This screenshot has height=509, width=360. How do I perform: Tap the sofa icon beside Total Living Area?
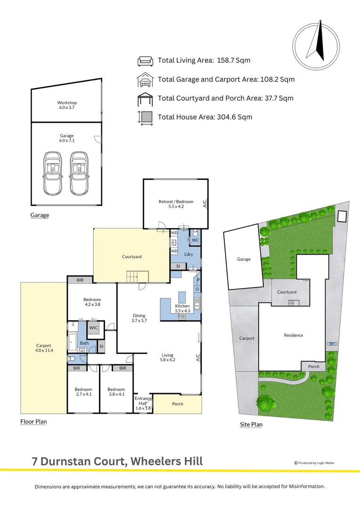point(145,61)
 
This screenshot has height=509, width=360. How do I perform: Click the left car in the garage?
point(52,173)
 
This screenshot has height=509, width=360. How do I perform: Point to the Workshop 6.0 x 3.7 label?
point(66,105)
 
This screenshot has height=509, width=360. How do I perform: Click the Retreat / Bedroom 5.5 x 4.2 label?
point(176,204)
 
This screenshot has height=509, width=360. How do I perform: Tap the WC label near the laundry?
point(196,240)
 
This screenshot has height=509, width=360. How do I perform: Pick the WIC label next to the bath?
point(93,328)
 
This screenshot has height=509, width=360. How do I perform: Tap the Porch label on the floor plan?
point(178,404)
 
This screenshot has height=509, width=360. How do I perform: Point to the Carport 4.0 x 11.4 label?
point(43,348)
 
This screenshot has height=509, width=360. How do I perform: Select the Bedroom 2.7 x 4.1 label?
point(83,392)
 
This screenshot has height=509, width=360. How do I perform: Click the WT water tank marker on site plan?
point(333,343)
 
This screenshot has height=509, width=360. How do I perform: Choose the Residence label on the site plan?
point(293,335)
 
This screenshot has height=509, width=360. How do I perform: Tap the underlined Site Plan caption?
point(251,425)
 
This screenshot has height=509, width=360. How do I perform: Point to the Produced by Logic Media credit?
point(314,463)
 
